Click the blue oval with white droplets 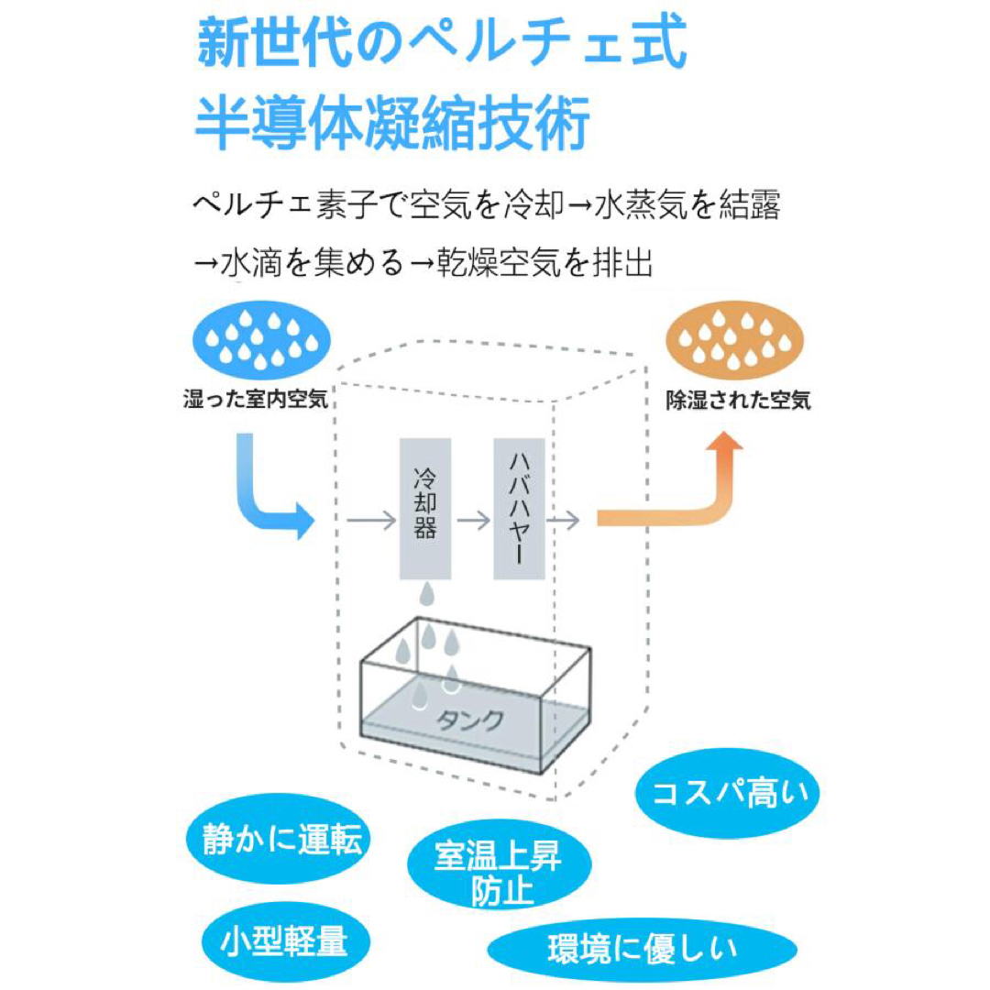coord(261,340)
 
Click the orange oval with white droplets coord(735,340)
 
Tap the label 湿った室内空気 coord(256,399)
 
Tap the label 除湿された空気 coord(738,401)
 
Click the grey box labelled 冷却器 coord(425,509)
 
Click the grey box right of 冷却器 coord(519,509)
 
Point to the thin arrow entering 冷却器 coord(371,521)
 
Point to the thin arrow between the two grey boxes coord(474,521)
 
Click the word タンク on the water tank coord(470,720)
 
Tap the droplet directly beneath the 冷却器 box coord(427,595)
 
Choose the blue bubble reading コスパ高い coord(727,794)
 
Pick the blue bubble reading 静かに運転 coord(279,839)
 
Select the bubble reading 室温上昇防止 coord(499,866)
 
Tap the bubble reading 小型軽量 coord(285,941)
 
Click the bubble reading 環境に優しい coord(642,949)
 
